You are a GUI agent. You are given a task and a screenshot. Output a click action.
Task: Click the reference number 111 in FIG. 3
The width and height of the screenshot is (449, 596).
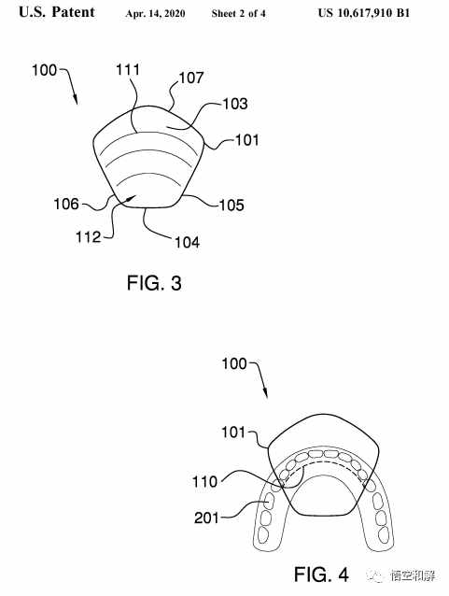point(128,69)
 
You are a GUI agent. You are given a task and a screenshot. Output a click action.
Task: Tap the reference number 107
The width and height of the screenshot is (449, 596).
point(191,78)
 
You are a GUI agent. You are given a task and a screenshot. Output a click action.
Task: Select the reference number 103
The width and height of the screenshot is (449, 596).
point(235,104)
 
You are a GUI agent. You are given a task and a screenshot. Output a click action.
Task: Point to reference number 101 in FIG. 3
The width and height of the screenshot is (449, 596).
point(247,140)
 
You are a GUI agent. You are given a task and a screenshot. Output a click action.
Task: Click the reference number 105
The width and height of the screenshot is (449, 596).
point(232,206)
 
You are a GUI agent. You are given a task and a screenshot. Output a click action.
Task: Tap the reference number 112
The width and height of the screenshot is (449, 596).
point(88,237)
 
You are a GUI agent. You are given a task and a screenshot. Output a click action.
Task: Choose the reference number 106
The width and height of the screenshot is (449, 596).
point(66,204)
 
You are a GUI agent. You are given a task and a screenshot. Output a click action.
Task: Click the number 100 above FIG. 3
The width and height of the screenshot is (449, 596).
point(44,70)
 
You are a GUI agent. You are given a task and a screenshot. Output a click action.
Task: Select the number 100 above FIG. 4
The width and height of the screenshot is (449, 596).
point(234,363)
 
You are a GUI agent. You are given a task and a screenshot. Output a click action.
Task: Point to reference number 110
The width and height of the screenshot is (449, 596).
point(204,482)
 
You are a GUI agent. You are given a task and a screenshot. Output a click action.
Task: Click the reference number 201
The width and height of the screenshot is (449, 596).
point(206,518)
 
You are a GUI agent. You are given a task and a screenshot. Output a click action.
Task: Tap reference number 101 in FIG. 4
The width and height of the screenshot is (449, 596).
point(233,433)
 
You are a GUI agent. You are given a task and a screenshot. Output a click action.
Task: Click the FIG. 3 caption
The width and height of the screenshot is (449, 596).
point(154,283)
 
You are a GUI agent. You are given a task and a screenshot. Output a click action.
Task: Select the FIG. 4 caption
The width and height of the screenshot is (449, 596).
point(321,574)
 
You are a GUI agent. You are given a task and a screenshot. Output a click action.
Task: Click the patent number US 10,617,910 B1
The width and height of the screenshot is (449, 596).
point(364,13)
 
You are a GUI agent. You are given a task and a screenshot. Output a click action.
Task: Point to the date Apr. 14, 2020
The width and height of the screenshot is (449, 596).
point(155,14)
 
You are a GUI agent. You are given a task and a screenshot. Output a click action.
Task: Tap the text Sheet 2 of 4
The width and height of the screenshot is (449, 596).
point(239,13)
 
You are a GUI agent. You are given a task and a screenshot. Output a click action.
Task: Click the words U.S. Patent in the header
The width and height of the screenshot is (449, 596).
point(57,12)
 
